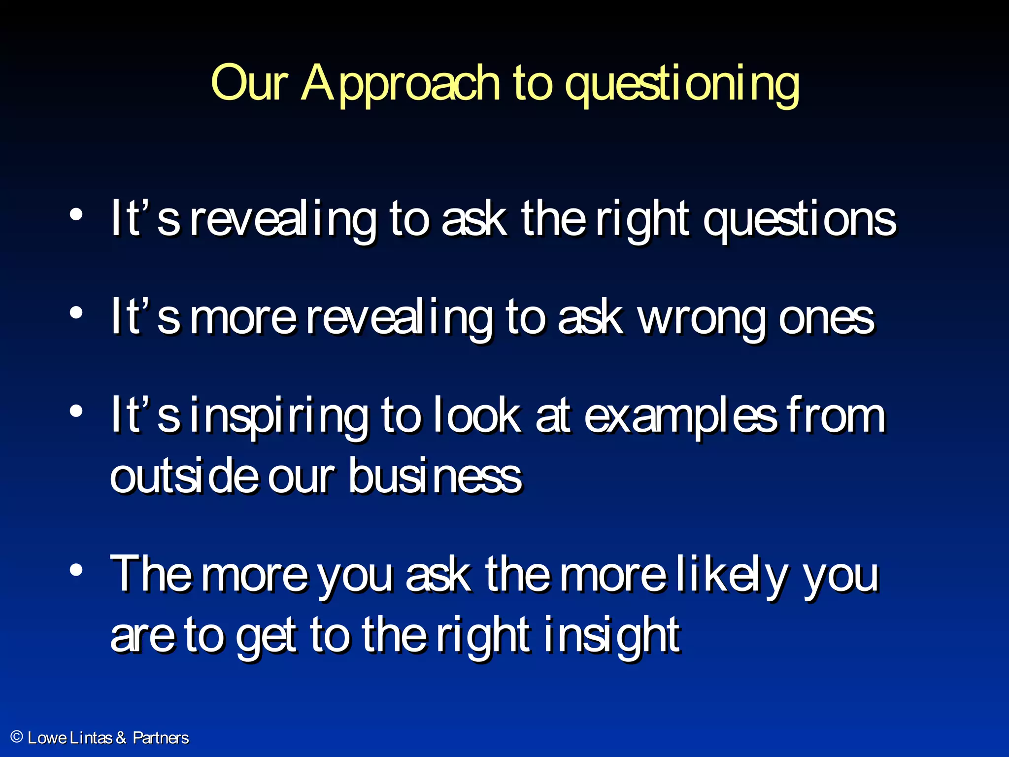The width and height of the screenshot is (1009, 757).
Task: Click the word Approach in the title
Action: (x=400, y=85)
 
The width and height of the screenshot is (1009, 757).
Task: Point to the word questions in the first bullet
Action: (x=799, y=220)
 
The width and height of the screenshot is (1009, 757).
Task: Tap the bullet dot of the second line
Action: (x=76, y=313)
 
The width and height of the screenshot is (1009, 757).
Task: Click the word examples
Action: (x=680, y=417)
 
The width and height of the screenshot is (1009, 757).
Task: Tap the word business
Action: (x=435, y=476)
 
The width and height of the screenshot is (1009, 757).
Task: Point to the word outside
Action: (x=184, y=476)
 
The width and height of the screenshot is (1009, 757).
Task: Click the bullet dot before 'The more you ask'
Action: (x=76, y=570)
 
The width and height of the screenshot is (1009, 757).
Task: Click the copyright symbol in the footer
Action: (x=17, y=737)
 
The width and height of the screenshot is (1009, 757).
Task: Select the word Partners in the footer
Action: (x=161, y=738)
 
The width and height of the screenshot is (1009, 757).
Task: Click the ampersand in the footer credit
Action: (x=121, y=738)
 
